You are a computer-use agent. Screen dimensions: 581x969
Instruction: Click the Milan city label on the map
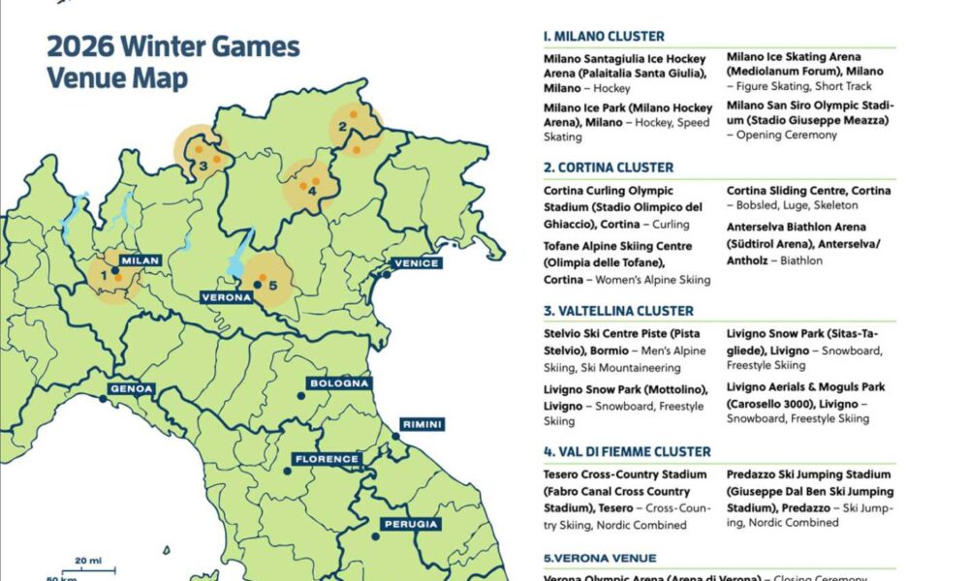pos(139,260)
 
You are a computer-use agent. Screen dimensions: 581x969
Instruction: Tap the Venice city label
pos(418,263)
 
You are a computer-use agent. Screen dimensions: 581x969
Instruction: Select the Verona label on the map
pos(227,298)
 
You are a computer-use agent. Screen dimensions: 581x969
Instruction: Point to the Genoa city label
pos(132,389)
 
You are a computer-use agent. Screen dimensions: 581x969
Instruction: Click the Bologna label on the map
pos(338,383)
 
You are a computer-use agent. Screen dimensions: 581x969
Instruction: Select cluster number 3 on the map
pos(203,165)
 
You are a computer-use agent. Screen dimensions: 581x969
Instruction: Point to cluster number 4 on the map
pos(311,191)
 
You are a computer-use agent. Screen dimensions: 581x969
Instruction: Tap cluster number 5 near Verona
pos(272,285)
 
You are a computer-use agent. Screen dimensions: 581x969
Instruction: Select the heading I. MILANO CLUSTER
pos(604,36)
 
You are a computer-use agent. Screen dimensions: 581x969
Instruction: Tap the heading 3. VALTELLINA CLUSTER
pos(618,311)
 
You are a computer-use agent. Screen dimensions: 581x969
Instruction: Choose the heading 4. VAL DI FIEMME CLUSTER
pos(627,451)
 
